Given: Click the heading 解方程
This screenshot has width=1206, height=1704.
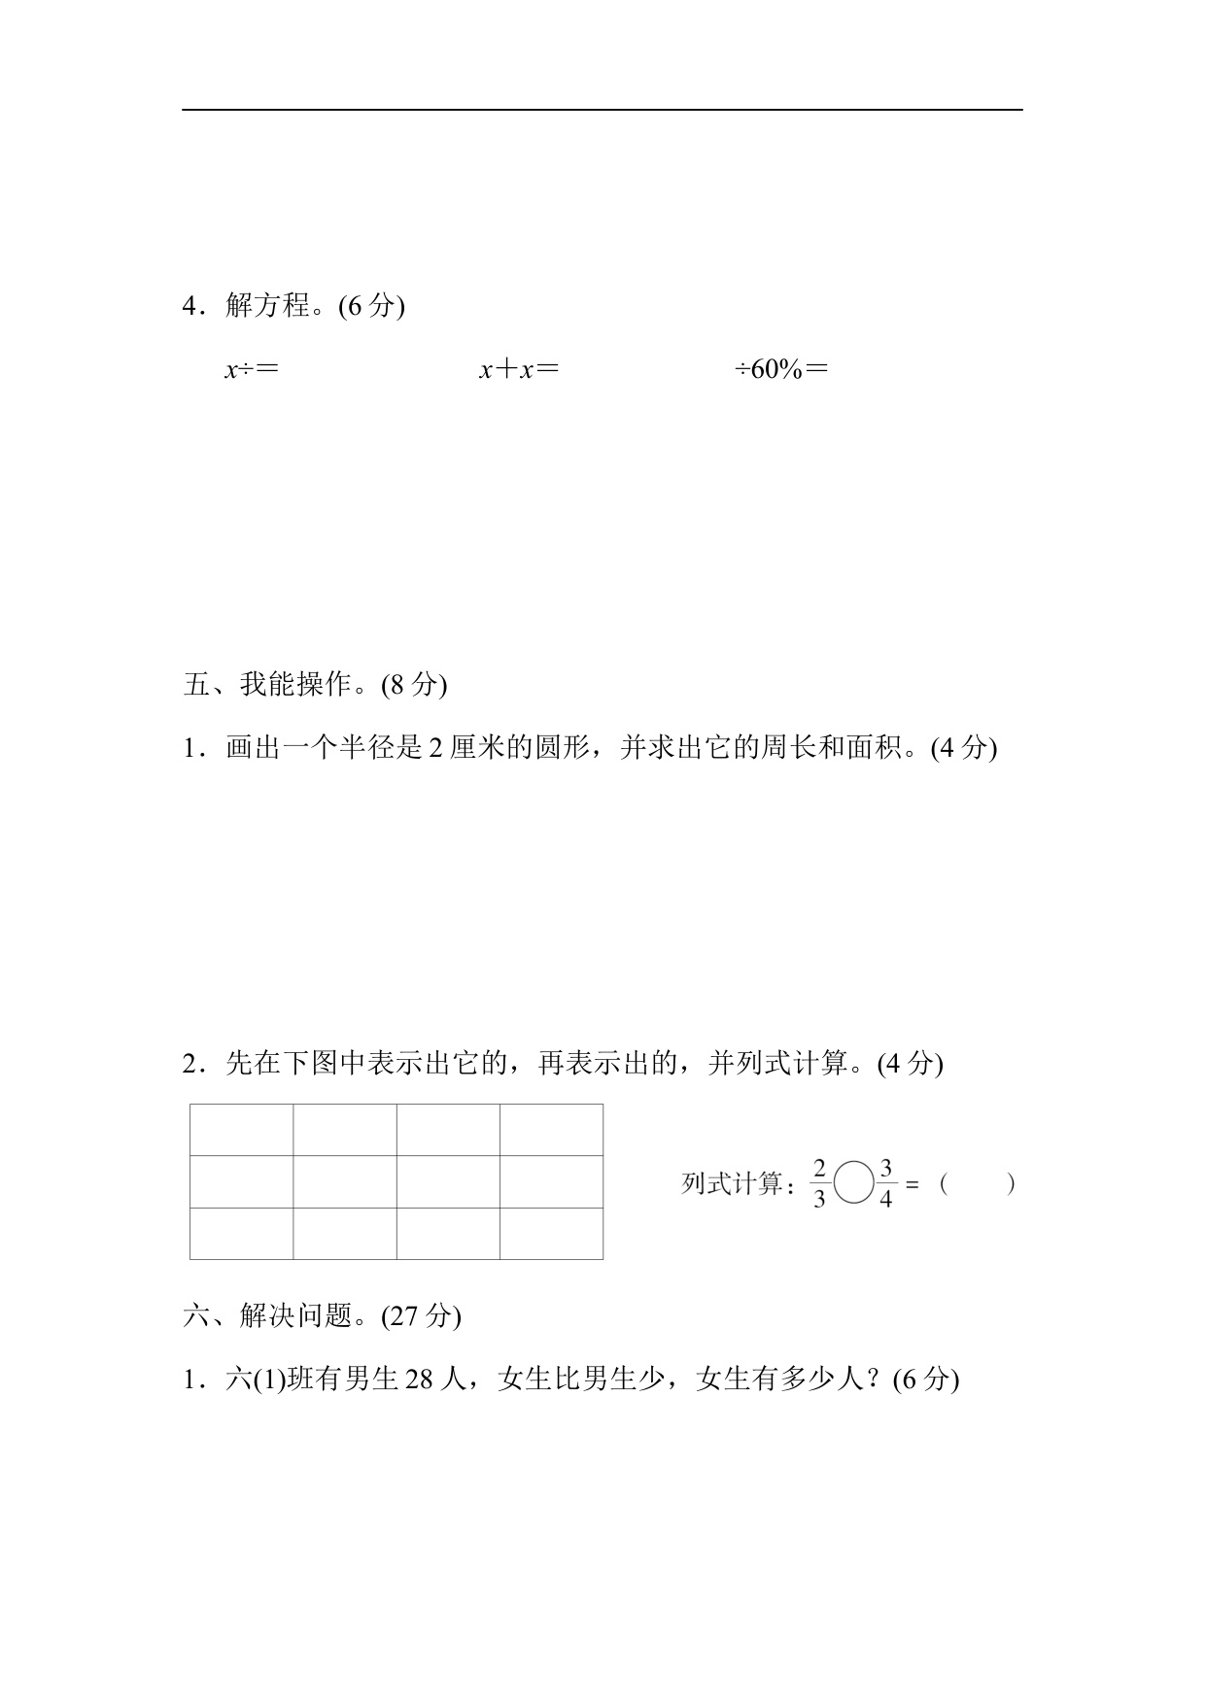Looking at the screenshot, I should (267, 306).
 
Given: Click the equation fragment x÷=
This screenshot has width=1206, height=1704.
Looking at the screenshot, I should (252, 369).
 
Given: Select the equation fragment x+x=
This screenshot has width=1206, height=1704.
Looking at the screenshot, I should (519, 369).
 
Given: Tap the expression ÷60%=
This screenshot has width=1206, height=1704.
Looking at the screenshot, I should (781, 369).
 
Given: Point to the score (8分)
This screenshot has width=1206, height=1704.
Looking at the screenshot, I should (415, 685).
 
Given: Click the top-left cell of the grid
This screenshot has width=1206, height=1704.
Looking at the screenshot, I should (242, 1130).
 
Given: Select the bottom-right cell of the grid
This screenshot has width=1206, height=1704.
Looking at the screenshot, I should (551, 1234).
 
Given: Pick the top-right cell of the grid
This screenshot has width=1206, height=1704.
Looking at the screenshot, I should (551, 1130).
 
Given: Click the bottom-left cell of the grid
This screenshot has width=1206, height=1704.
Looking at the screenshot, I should (242, 1234).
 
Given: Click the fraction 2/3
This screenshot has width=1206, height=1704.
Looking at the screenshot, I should (819, 1184).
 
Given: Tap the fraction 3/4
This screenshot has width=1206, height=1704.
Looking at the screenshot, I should (885, 1184).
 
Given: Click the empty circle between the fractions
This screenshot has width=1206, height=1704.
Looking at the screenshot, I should (853, 1184).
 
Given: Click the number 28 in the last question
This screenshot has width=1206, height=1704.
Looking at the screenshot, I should (418, 1380).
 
